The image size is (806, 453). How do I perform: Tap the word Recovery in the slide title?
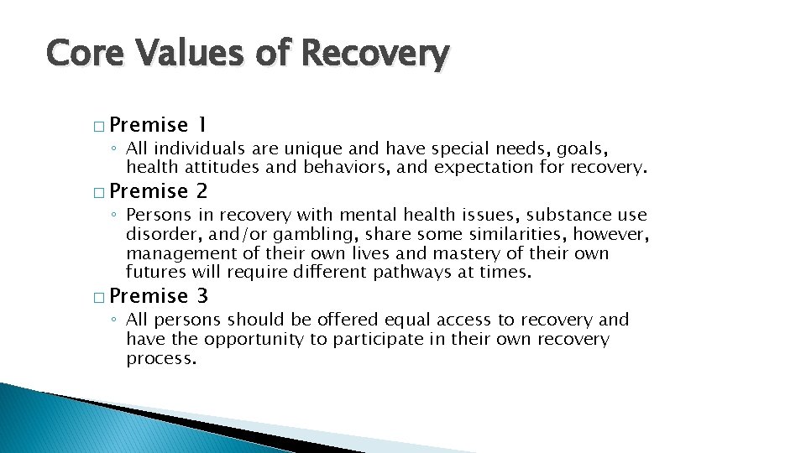click(x=374, y=54)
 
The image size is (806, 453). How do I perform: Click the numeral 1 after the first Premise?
click(x=201, y=125)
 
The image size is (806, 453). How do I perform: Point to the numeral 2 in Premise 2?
click(x=202, y=191)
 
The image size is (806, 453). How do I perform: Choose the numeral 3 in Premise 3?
click(x=202, y=295)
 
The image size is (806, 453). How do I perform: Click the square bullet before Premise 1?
click(x=99, y=127)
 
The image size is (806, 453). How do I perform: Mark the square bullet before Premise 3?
click(x=99, y=297)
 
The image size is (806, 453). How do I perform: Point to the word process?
click(x=160, y=358)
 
